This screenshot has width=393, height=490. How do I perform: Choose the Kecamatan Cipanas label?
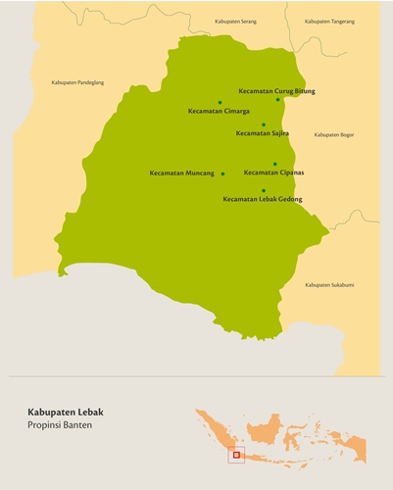273,172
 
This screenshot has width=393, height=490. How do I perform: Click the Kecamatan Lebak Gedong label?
263,199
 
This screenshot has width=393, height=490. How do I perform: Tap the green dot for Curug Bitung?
278,99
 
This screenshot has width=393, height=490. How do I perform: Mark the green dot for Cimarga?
220,102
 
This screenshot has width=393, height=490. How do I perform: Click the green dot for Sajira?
264,124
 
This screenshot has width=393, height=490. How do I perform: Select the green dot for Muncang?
223,173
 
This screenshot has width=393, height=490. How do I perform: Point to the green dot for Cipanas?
275,164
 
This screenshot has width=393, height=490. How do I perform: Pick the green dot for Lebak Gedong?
264,190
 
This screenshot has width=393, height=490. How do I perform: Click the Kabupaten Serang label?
236,21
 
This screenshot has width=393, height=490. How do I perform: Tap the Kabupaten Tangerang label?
329,21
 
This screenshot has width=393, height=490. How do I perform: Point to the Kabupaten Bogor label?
332,134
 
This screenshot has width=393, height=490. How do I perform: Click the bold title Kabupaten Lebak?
67,413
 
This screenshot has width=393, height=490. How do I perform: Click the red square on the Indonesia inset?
236,454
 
